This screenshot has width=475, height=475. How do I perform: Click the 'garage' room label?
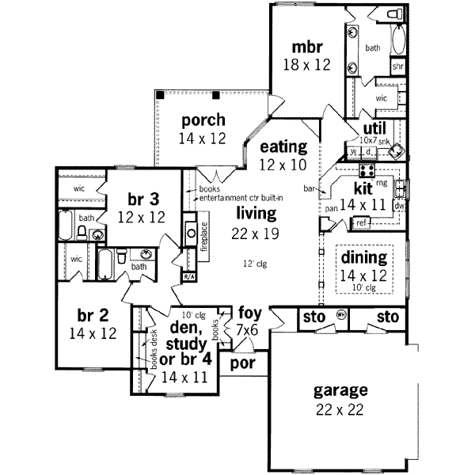[340, 390]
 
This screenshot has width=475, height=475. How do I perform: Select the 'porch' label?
[203, 120]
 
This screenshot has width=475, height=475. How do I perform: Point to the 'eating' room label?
[283, 146]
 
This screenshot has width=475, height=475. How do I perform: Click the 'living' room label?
[254, 212]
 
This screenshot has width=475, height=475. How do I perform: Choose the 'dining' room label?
[363, 256]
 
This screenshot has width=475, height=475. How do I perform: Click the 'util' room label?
[374, 129]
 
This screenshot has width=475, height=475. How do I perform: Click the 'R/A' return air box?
[189, 276]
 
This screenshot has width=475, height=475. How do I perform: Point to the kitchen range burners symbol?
[367, 170]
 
